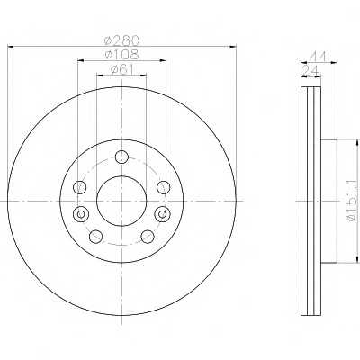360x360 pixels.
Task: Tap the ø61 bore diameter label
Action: click(x=121, y=70)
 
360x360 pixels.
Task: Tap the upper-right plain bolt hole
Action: click(x=163, y=186)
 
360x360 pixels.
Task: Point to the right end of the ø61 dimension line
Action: click(x=146, y=77)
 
